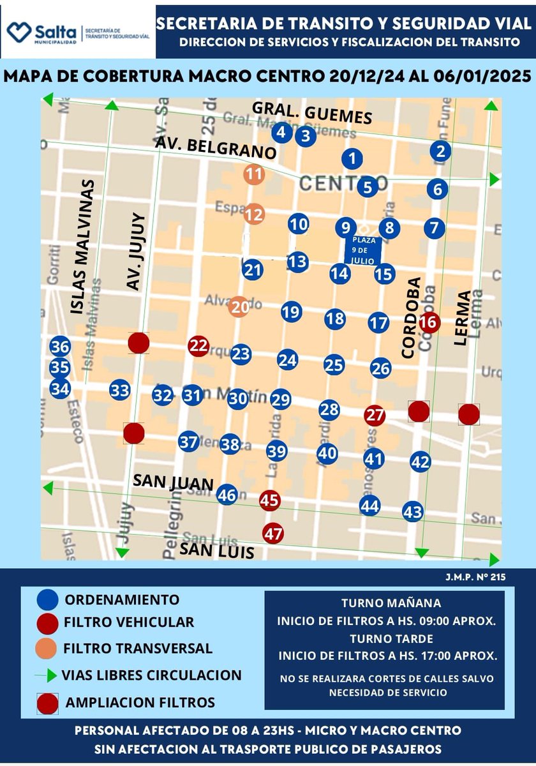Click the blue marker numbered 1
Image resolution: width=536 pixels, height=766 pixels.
click(x=352, y=159)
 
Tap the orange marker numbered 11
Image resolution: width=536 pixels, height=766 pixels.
click(x=254, y=174)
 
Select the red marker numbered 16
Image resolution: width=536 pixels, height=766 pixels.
click(x=429, y=322)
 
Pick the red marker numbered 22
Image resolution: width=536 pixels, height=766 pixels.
click(x=199, y=346)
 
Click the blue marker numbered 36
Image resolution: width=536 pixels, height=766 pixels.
click(x=60, y=347)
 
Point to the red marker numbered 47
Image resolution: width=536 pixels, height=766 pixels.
click(x=273, y=533)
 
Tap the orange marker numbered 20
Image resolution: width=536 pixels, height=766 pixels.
click(x=239, y=307)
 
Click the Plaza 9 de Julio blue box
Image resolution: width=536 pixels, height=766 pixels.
click(x=362, y=250)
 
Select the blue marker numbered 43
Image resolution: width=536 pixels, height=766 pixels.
click(x=413, y=511)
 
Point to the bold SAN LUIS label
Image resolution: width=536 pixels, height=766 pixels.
click(x=216, y=550)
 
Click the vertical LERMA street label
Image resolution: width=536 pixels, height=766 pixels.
click(x=463, y=318)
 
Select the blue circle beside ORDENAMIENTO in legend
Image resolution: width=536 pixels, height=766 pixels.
click(x=47, y=600)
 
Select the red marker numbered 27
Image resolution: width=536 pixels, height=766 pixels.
click(x=375, y=415)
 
